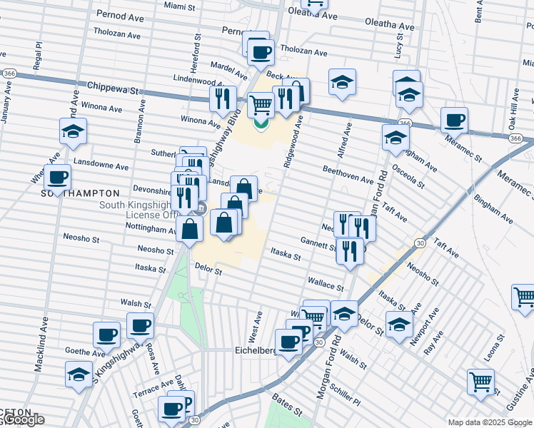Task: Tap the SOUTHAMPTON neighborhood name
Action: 80,193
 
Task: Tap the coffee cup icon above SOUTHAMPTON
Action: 57,177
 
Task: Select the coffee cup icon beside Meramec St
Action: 454,120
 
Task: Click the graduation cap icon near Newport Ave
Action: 399,323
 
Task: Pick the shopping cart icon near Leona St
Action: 481,382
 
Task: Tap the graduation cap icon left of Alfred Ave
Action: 343,82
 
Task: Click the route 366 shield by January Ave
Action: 10,73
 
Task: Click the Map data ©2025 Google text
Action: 490,422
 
